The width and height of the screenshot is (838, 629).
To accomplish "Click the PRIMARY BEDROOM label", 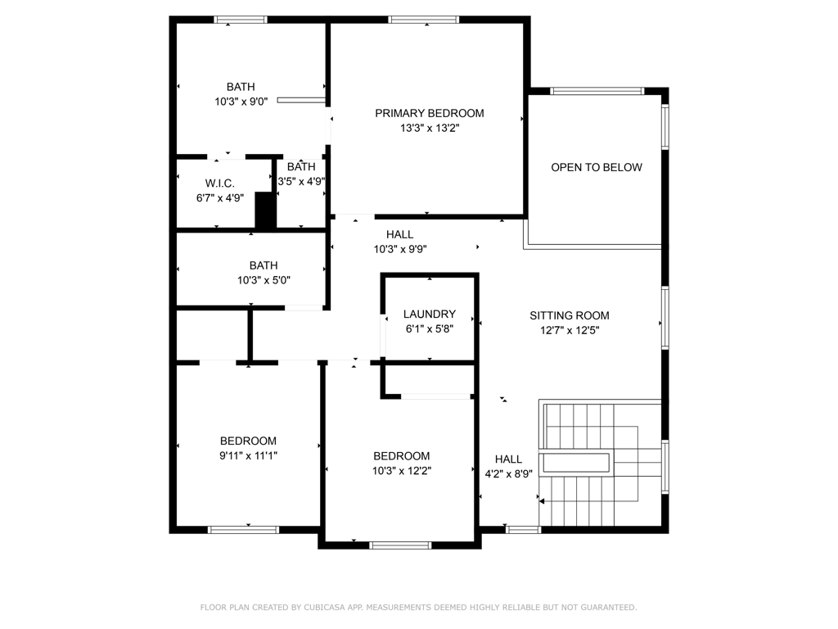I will click(429, 113).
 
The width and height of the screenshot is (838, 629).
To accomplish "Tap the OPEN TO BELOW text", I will click(596, 167).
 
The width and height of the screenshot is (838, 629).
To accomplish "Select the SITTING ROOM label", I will click(569, 315).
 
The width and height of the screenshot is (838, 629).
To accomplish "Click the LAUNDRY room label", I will click(429, 314).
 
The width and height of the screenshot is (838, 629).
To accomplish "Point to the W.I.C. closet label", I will click(219, 183).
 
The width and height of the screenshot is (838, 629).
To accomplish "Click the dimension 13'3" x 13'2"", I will click(429, 128).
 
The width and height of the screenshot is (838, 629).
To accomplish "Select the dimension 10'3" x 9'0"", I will click(241, 102).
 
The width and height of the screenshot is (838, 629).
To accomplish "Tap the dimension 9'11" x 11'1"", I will click(247, 455).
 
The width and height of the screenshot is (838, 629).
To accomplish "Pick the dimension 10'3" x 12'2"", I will click(401, 471).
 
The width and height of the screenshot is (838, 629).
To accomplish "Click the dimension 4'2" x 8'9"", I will click(508, 473).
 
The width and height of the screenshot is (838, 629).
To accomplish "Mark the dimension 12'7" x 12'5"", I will click(569, 330).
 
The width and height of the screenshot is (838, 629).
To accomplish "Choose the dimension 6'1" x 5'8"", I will click(429, 328).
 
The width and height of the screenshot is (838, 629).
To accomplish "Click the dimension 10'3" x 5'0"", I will click(263, 280).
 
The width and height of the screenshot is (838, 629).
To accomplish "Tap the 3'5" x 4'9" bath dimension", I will click(301, 182).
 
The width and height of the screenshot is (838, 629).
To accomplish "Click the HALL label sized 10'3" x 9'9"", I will click(399, 234).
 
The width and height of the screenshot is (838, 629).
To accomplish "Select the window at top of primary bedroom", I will click(423, 20).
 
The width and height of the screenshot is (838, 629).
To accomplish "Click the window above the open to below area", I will click(597, 91).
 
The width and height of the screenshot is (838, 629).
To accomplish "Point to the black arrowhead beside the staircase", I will click(541, 500).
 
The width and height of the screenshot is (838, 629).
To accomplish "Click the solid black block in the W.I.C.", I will click(265, 211).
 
